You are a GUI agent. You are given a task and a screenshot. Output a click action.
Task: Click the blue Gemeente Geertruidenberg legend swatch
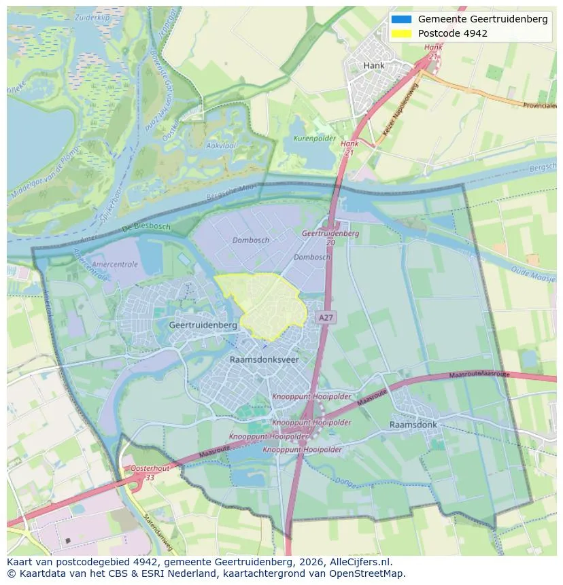click(402, 19)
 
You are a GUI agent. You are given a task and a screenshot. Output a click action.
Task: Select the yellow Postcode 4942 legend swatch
click(402, 33)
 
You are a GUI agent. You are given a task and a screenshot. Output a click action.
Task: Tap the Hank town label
click(374, 66)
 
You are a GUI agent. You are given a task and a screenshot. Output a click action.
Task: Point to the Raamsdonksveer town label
click(264, 359)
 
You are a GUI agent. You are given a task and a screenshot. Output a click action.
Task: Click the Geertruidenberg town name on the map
click(203, 325)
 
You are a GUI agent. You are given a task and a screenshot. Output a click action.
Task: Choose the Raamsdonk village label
click(413, 425)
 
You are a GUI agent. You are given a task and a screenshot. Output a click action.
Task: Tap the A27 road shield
click(326, 317)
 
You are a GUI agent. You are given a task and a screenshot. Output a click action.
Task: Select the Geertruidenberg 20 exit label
click(330, 237)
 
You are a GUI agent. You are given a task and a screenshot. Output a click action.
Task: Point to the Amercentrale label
click(114, 264)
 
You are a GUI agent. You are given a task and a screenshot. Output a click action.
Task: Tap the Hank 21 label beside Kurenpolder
click(349, 148)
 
